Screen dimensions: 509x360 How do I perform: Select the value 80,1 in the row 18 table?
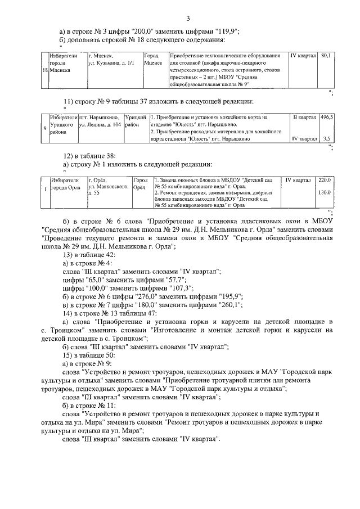click(326, 56)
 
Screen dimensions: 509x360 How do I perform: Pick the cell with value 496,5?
click(327, 118)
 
